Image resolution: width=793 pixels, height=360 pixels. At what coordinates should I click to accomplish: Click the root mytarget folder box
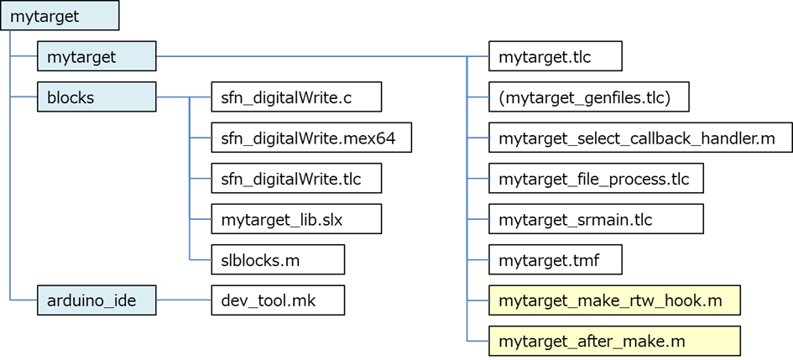[60, 17]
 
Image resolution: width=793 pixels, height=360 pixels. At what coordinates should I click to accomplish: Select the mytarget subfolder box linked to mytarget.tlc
[97, 57]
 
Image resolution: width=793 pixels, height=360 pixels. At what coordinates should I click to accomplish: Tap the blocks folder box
[97, 97]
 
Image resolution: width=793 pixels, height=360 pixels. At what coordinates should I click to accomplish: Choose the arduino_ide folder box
[97, 300]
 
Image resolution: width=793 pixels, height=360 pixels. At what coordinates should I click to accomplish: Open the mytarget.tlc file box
[555, 57]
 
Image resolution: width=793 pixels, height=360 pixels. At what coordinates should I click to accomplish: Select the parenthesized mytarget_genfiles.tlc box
[588, 97]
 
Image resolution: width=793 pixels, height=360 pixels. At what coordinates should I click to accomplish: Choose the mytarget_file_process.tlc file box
[595, 178]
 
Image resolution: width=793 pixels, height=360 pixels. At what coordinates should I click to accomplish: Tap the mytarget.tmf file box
[555, 259]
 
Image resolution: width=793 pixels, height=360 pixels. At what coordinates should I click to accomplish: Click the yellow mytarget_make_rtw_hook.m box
[614, 300]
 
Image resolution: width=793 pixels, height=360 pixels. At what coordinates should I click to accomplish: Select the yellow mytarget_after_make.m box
[614, 341]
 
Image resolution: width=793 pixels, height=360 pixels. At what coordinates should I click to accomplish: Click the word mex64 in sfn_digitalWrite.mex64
[373, 138]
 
